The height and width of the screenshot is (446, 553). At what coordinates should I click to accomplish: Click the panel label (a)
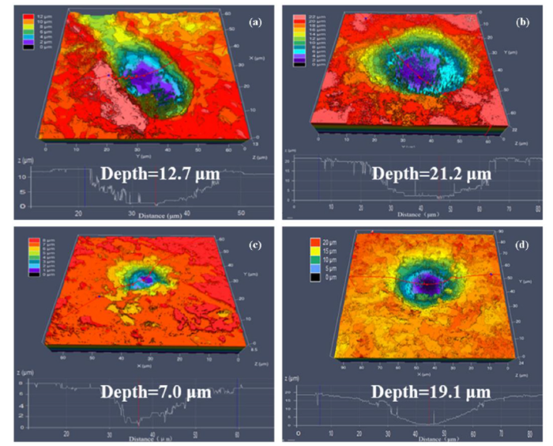(x=255, y=22)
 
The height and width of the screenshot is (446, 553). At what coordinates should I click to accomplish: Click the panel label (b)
(x=522, y=22)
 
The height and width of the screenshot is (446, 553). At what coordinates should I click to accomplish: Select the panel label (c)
(x=254, y=245)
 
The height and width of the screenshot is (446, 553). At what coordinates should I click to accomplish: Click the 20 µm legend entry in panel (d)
(x=309, y=241)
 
